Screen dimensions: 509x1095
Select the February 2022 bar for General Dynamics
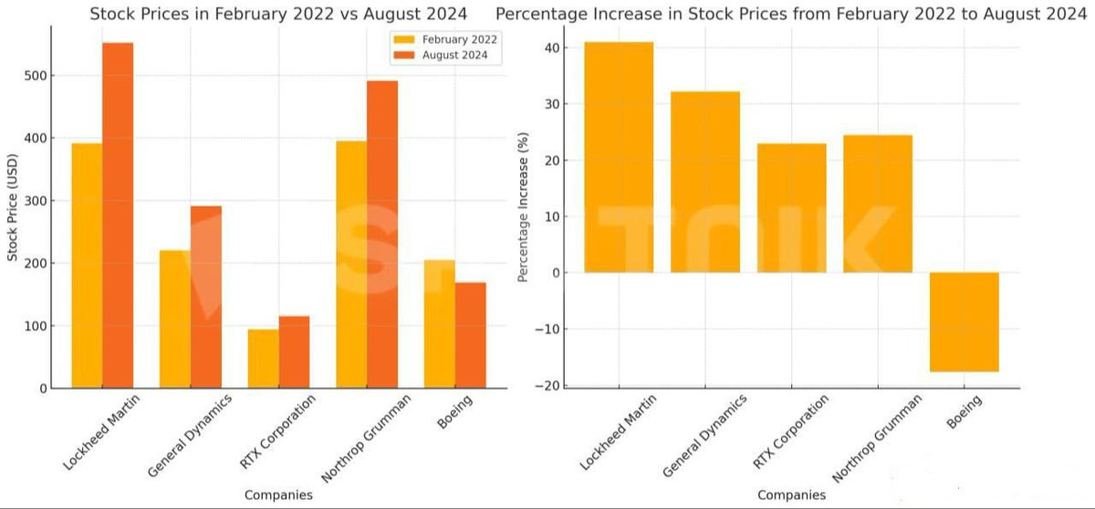coord(175,319)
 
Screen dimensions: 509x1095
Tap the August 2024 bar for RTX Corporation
coord(294,352)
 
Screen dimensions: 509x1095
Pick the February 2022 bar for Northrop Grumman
coord(351,265)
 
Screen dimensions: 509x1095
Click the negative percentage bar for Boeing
coord(964,321)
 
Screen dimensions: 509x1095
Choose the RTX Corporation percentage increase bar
coord(791,208)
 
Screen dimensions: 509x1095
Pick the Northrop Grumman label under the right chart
coord(878,438)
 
